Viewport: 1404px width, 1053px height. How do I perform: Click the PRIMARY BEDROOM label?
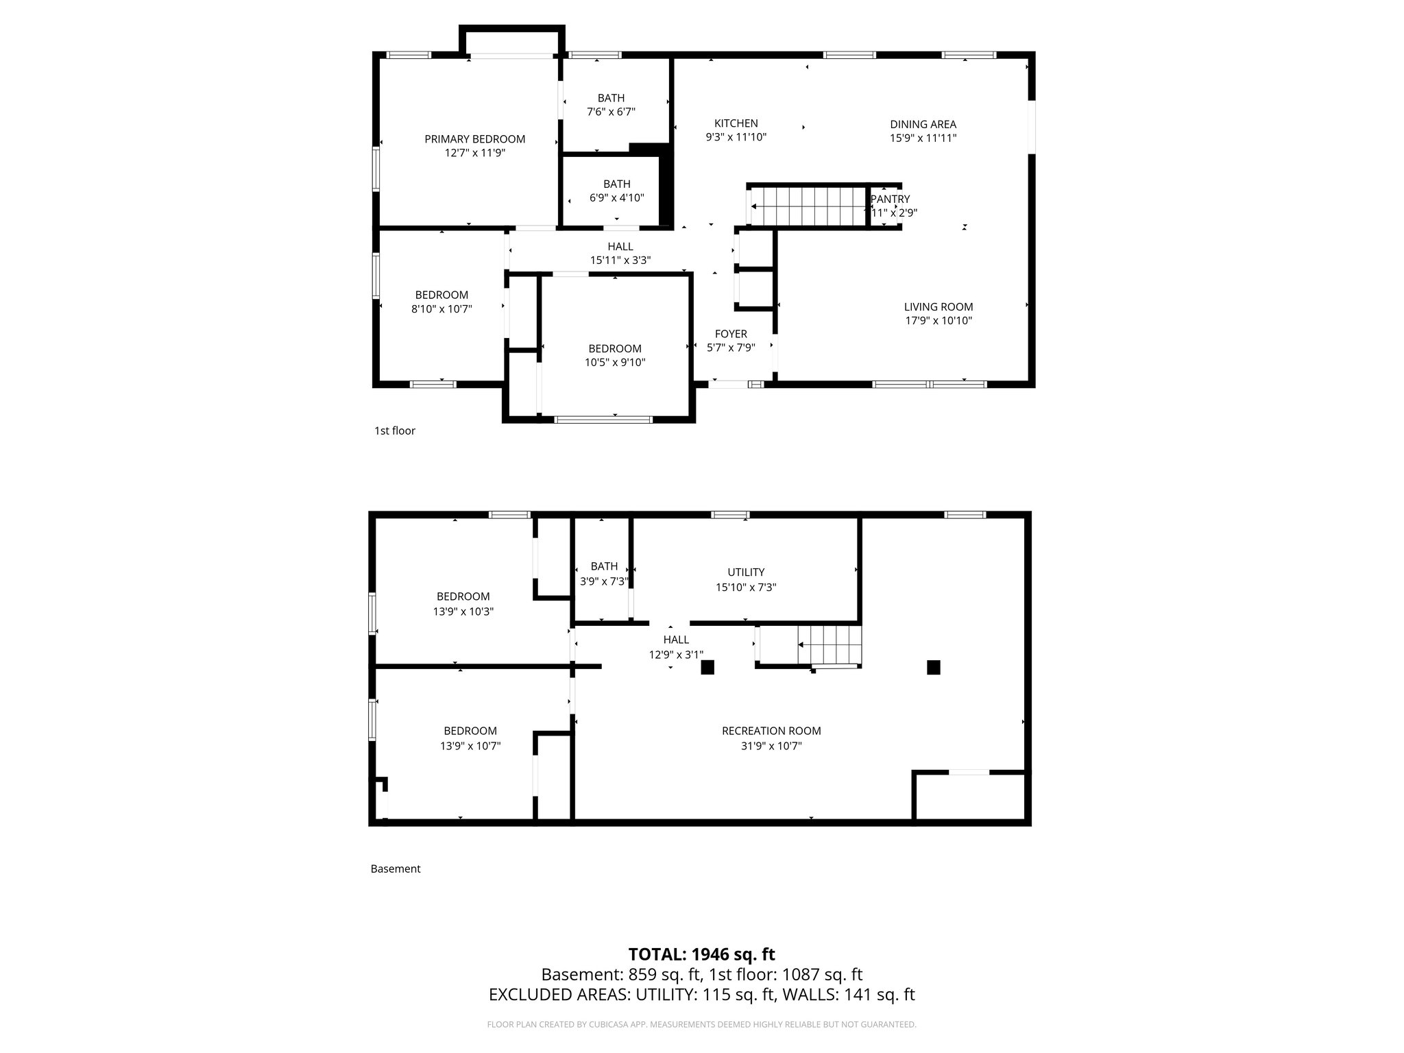click(474, 139)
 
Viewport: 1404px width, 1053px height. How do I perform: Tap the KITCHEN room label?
click(736, 123)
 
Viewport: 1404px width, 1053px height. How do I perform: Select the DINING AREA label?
click(923, 124)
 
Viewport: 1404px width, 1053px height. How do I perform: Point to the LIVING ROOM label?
click(938, 307)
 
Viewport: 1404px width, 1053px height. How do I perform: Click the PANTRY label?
click(890, 199)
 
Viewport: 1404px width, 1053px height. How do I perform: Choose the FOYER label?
click(731, 334)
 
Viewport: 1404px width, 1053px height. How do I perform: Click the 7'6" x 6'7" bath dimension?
click(611, 112)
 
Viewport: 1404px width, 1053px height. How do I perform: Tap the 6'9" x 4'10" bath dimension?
click(616, 198)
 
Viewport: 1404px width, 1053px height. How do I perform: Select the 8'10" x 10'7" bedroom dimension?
click(441, 309)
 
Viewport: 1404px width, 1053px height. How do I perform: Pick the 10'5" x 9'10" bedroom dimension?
click(615, 363)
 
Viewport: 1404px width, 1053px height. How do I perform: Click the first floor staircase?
click(809, 206)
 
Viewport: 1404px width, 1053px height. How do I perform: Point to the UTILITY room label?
click(746, 572)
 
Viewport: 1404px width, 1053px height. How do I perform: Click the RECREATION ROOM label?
click(771, 731)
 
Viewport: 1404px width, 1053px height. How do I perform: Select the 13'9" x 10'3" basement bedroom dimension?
click(463, 612)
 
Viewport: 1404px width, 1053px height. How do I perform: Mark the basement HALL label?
click(676, 640)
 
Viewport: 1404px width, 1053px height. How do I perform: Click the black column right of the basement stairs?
click(933, 667)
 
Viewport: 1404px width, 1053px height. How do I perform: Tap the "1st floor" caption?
click(395, 431)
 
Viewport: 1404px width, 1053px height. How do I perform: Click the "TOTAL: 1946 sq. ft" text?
click(701, 954)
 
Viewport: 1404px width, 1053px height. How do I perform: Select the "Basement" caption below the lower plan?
click(396, 869)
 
